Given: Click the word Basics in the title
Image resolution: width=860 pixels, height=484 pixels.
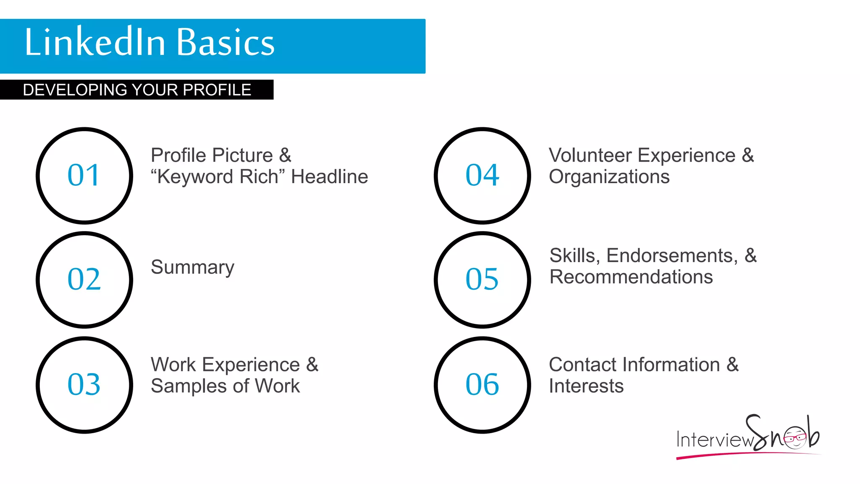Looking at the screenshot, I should point(225,42).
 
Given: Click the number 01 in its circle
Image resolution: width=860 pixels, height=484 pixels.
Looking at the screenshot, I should point(84,175).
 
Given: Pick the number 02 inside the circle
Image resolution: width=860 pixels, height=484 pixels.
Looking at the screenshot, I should point(84,279).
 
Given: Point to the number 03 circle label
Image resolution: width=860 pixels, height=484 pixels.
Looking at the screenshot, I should point(84,384).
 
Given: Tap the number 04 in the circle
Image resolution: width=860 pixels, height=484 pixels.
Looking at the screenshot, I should point(482,175).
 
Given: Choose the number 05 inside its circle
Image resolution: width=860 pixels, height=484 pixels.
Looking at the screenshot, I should point(482,279).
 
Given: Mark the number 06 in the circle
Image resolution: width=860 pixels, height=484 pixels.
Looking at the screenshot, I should point(482,384).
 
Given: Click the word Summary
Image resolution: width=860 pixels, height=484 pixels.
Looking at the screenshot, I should point(192,268).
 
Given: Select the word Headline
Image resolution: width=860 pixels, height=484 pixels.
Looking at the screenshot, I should point(329,177).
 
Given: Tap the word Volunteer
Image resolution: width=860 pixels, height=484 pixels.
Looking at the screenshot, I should point(590,155).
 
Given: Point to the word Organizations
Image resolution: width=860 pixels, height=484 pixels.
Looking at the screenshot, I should point(609,177).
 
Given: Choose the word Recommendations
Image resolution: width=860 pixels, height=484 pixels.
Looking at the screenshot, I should point(631,277).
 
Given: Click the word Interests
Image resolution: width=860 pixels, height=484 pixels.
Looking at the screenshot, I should point(586,386).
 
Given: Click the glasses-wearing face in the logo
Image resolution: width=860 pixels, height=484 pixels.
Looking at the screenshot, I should point(795,438).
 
